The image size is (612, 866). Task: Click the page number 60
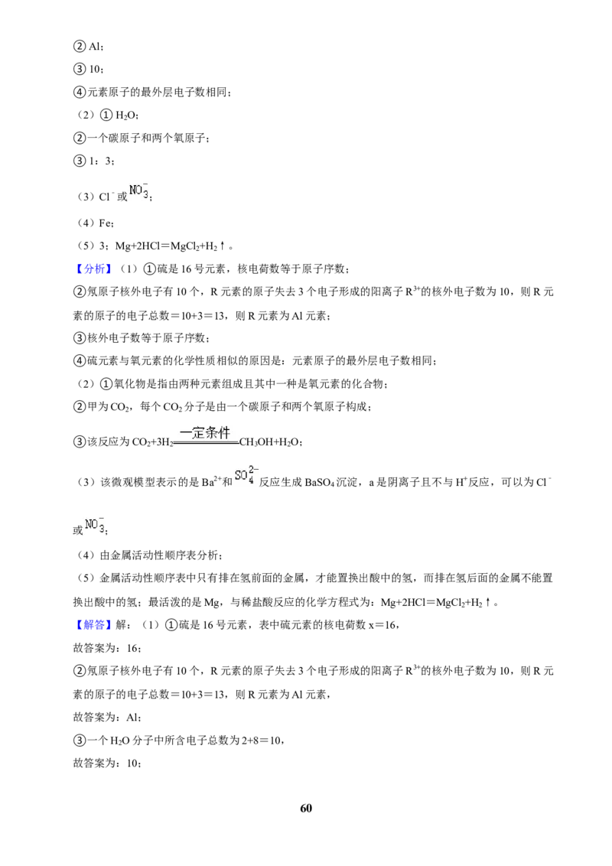[x=306, y=808]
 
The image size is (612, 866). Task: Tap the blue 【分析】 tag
[x=92, y=269]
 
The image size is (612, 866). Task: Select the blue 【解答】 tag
[x=92, y=625]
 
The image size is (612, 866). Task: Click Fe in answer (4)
[x=106, y=223]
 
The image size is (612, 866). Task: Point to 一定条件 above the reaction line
[x=205, y=432]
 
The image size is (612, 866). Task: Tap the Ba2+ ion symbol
[x=211, y=482]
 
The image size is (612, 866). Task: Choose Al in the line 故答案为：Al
[x=132, y=718]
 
